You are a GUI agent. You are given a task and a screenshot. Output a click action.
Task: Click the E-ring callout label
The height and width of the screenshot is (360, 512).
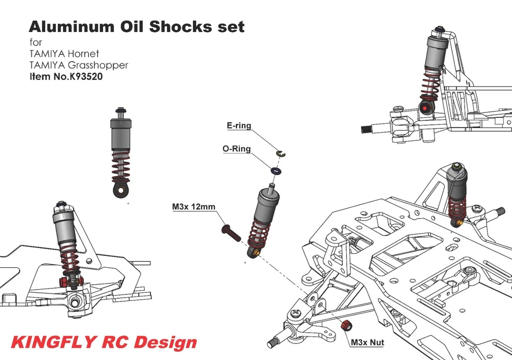point(238,126)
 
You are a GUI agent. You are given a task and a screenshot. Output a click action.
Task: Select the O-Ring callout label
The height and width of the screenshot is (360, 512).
point(236,149)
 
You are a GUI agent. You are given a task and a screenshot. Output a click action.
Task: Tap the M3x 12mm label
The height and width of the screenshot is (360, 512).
point(193,206)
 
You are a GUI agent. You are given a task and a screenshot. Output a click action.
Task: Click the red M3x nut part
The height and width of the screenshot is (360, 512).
point(345,324)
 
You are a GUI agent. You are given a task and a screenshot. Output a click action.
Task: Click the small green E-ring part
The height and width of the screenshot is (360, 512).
point(281,154)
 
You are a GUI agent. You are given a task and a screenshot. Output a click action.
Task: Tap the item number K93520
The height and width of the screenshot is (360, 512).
point(82,76)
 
